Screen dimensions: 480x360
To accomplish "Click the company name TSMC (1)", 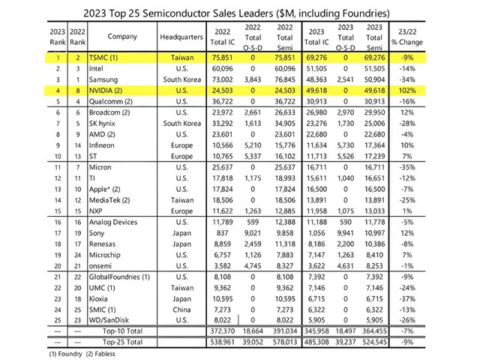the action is pyautogui.click(x=103, y=58).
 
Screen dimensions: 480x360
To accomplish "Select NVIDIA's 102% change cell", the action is pyautogui.click(x=407, y=91).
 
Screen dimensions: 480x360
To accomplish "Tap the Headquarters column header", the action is pyautogui.click(x=181, y=37).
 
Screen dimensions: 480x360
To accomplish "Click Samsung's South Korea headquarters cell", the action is pyautogui.click(x=181, y=79).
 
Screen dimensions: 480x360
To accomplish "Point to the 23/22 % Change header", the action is pyautogui.click(x=407, y=37).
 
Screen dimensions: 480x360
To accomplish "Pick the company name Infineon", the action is pyautogui.click(x=102, y=145).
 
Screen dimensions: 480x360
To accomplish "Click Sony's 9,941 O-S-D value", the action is pyautogui.click(x=345, y=233).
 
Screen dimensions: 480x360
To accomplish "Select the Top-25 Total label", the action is pyautogui.click(x=122, y=342).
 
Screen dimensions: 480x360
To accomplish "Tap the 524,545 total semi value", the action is pyautogui.click(x=374, y=342).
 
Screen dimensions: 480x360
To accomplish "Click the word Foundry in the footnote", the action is pyautogui.click(x=70, y=354).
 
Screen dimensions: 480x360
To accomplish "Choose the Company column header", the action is pyautogui.click(x=122, y=37).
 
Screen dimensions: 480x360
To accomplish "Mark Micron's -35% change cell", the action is pyautogui.click(x=407, y=167).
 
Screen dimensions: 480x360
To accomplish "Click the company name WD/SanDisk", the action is pyautogui.click(x=109, y=320).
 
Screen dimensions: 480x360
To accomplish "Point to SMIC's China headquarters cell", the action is pyautogui.click(x=181, y=310).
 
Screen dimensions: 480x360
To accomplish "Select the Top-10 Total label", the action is pyautogui.click(x=122, y=331).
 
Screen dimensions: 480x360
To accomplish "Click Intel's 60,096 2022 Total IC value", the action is pyautogui.click(x=222, y=68).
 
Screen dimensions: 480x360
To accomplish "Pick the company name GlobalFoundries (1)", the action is pyautogui.click(x=119, y=277).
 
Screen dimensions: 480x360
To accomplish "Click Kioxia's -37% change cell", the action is pyautogui.click(x=407, y=298).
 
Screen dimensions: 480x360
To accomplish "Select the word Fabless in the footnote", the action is pyautogui.click(x=105, y=354).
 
